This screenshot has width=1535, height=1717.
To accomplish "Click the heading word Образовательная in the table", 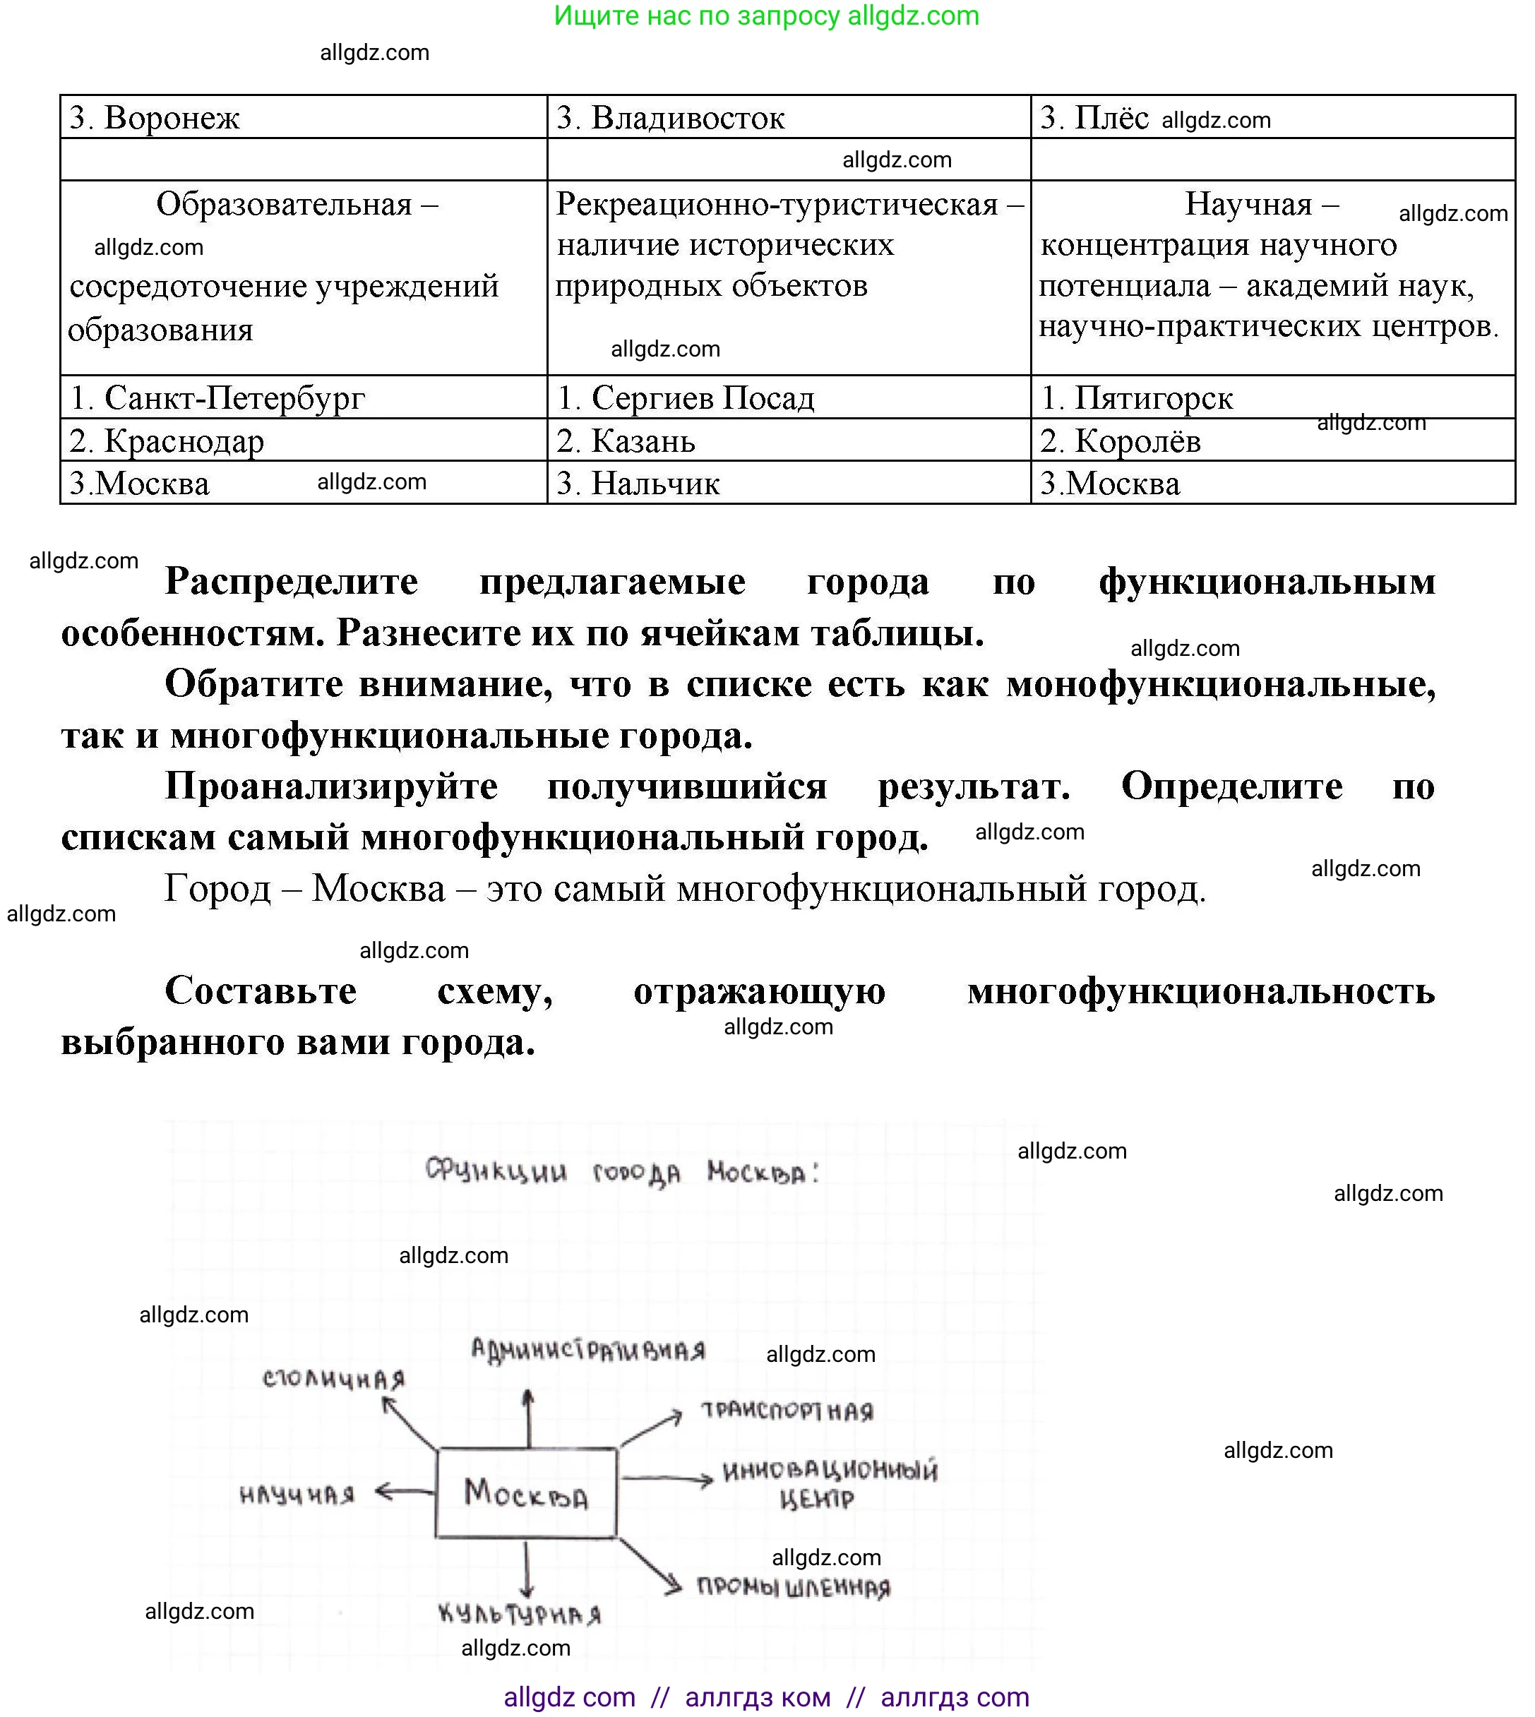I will coord(285,205).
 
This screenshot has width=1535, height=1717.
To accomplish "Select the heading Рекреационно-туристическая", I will coord(777,205).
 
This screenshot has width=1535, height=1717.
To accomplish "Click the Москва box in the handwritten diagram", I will coord(526,1493).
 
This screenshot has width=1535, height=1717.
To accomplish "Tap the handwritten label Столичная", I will coord(333,1380).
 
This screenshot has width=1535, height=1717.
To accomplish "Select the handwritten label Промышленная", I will coord(794,1588).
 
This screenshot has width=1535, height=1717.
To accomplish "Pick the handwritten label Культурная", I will coord(520,1615).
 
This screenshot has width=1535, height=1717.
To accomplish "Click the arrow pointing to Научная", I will coord(403,1492).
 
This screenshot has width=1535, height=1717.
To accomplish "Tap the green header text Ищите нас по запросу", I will coord(697,16).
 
